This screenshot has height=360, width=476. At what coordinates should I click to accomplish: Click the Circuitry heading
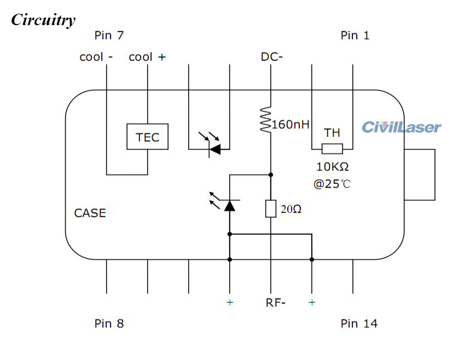43,20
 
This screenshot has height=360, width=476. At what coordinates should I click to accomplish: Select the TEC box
147,137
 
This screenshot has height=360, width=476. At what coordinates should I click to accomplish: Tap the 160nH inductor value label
291,125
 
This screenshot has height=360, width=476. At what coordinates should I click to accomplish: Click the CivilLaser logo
401,127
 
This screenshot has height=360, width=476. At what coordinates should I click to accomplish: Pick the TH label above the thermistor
332,133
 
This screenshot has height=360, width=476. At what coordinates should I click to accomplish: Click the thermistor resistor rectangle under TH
332,149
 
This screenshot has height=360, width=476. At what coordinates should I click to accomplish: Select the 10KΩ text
332,167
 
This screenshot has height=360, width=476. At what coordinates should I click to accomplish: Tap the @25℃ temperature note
332,184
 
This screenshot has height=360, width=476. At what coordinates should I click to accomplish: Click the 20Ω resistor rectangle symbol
271,208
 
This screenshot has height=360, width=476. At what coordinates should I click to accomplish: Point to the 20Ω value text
291,209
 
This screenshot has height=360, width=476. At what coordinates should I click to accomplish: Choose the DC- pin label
271,57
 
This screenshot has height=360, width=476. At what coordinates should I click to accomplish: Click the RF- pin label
275,303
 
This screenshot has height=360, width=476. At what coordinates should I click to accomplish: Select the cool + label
147,57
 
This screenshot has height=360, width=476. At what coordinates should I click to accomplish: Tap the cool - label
96,57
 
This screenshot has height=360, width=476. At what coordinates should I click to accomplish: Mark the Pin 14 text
359,323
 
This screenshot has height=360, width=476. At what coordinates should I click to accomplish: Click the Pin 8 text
109,323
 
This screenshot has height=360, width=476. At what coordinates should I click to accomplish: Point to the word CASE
90,213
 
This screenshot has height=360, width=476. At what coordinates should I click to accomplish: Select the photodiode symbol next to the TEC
214,148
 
